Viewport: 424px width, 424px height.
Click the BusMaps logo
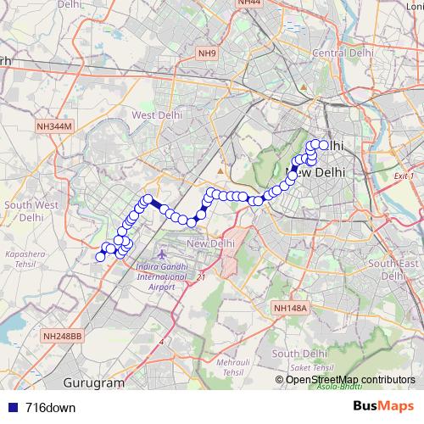382,406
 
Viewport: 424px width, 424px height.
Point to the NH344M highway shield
55,126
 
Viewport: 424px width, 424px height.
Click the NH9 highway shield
208,54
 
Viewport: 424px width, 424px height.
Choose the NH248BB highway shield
62,336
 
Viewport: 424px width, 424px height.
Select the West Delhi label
153,115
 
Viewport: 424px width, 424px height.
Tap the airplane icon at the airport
163,255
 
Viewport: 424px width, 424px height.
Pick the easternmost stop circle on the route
323,145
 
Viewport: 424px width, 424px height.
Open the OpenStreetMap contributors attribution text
350,379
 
